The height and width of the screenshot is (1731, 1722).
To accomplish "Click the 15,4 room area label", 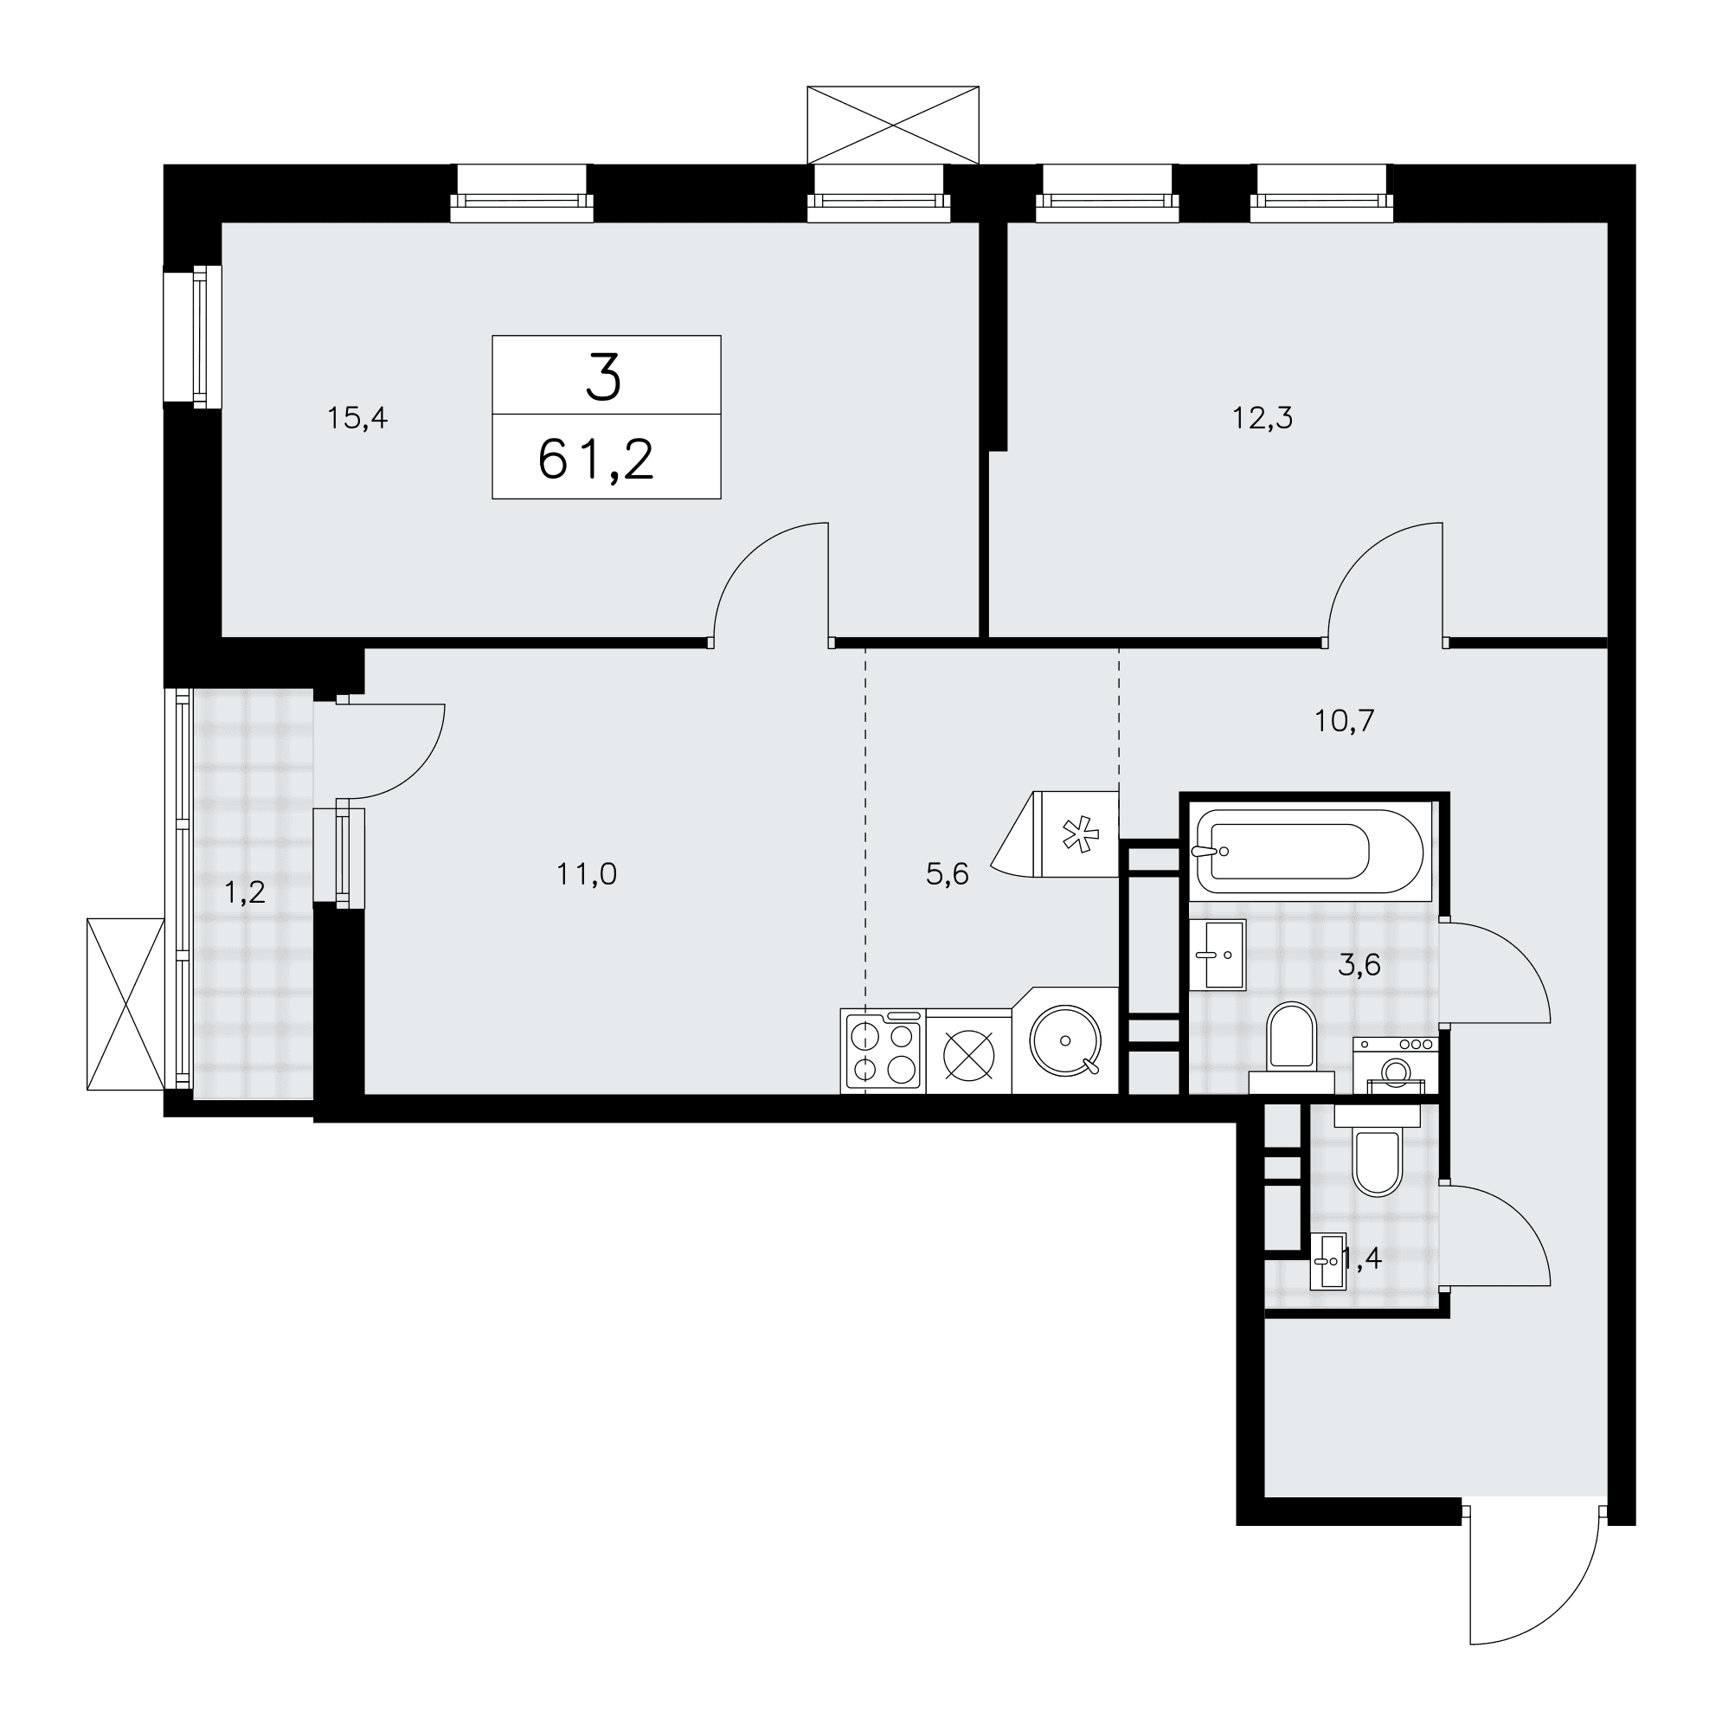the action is (x=357, y=418).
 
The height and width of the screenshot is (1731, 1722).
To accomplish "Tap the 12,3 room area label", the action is (x=1263, y=418).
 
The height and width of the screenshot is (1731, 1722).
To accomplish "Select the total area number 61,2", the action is (x=596, y=460).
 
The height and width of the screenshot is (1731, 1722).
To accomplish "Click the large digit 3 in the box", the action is (x=604, y=377).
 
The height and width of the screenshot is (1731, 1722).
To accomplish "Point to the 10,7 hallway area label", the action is (x=1344, y=720).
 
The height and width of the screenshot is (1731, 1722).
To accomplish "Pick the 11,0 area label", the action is (x=587, y=874).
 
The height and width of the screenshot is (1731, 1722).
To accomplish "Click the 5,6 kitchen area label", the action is (x=947, y=874).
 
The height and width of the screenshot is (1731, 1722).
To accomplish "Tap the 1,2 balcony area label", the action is (x=245, y=892).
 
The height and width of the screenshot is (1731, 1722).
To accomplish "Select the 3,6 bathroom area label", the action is (x=1359, y=966).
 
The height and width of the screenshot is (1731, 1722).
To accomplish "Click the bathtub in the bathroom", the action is (x=1309, y=851).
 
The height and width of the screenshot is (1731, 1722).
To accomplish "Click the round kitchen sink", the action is (x=1065, y=1040).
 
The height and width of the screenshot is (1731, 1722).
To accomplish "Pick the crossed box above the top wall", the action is (x=892, y=125).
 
